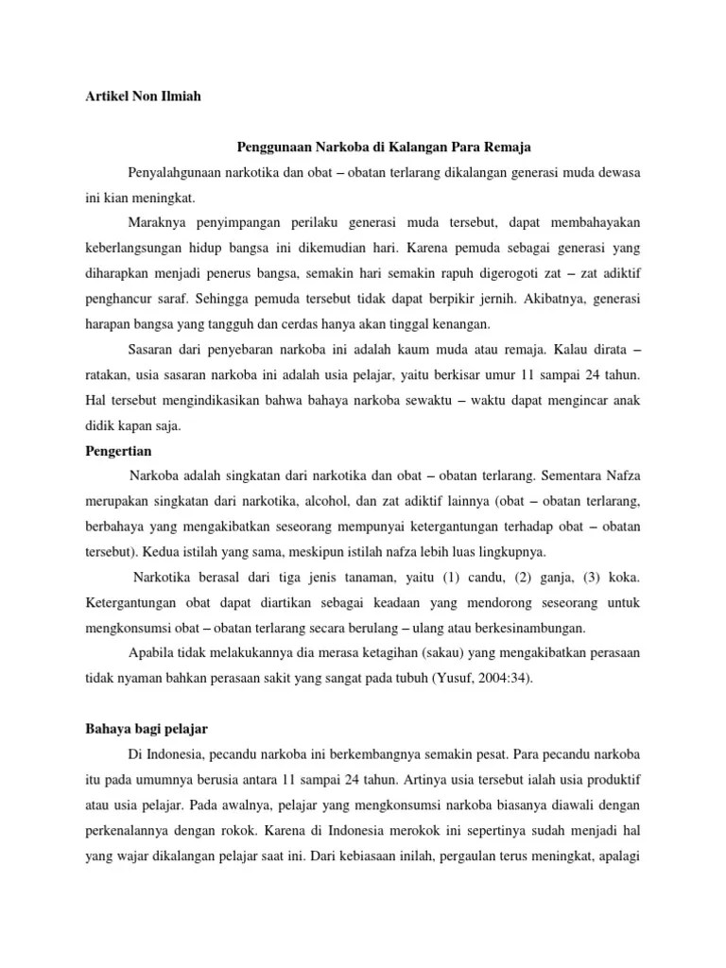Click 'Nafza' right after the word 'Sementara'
[x=631, y=475]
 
